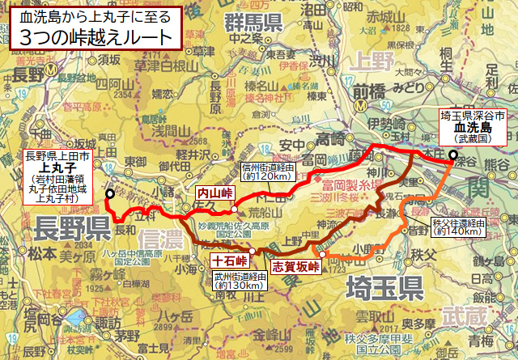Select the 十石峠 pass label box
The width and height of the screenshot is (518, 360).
coord(229,260)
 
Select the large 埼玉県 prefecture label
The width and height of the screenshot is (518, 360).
coord(385,286)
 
